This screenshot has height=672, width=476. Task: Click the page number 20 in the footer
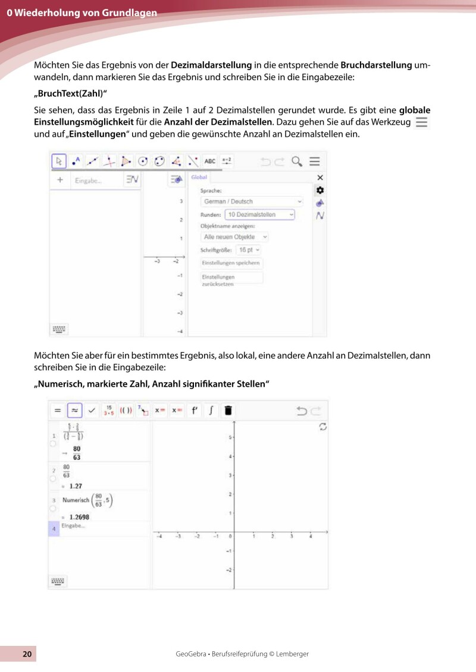[27, 654]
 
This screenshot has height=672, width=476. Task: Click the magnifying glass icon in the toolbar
[296, 161]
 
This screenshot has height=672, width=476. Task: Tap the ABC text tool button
[210, 161]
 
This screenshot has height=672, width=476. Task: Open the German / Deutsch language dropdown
[252, 201]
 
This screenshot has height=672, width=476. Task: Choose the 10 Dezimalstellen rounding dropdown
[259, 214]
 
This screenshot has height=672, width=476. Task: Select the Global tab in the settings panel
[199, 177]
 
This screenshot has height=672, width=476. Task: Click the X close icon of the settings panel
[320, 177]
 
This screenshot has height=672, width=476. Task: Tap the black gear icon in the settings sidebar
[320, 190]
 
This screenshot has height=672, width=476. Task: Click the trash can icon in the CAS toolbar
[228, 410]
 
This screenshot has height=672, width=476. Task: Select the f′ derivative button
[194, 410]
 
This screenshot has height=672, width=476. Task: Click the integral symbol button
[211, 410]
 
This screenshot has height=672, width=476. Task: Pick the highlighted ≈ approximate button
[74, 410]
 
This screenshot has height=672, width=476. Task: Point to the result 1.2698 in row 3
[79, 517]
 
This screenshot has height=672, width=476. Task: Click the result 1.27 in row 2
[76, 485]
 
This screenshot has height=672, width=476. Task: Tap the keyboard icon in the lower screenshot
[58, 580]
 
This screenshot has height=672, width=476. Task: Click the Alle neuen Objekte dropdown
[235, 236]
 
